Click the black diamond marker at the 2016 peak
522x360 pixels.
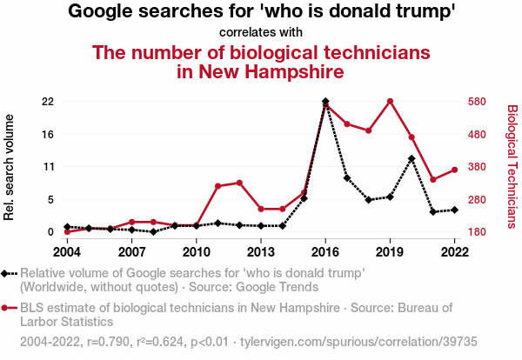(325, 102)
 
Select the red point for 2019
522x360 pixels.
(390, 101)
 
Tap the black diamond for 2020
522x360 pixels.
(412, 158)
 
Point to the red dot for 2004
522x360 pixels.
(67, 231)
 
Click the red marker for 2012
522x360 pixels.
(239, 183)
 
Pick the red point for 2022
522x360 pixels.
(454, 170)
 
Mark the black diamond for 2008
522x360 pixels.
(153, 232)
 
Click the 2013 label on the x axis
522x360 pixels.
(261, 252)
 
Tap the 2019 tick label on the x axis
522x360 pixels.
(390, 252)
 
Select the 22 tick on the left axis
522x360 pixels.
(49, 102)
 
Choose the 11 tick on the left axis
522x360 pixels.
(50, 167)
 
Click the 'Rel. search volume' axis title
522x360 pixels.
(10, 167)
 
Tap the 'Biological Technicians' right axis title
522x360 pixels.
(512, 166)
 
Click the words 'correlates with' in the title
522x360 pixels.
(261, 32)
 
